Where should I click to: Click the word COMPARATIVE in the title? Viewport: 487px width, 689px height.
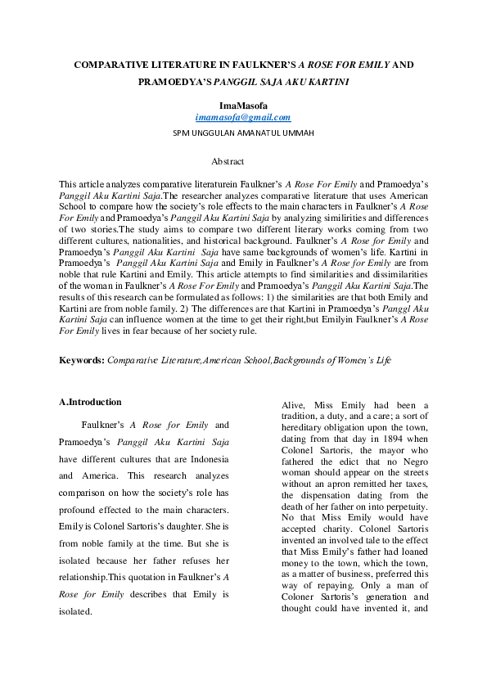(106, 64)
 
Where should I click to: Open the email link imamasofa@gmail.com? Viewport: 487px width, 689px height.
(243, 118)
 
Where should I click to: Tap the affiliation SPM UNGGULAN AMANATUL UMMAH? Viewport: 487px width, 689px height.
(244, 133)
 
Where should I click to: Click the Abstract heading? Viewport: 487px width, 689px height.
(228, 162)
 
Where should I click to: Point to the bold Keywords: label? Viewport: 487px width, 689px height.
(82, 359)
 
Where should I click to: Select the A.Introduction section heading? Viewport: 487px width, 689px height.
(90, 402)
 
